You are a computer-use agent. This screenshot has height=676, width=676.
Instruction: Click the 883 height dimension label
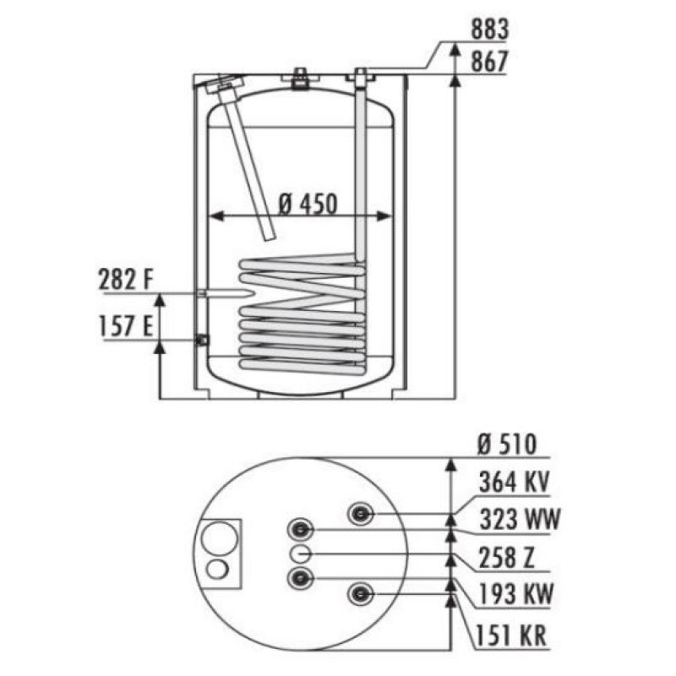click(x=490, y=30)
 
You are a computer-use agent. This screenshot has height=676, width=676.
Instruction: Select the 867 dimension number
click(x=490, y=62)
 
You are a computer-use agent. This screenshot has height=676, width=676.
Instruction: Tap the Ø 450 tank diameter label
click(x=307, y=204)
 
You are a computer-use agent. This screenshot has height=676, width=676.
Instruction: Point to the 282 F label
click(x=126, y=280)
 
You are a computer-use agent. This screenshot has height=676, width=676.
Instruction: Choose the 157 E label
click(x=126, y=326)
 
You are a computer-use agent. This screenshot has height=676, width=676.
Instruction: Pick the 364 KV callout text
click(x=514, y=482)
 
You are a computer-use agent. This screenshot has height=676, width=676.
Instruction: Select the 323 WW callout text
click(x=520, y=519)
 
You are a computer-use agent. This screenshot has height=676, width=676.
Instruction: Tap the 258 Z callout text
click(x=506, y=557)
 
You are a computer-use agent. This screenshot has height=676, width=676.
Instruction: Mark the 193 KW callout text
click(x=515, y=595)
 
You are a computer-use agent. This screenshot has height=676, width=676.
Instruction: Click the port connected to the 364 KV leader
click(x=361, y=514)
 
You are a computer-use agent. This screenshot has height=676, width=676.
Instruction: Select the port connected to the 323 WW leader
click(x=301, y=530)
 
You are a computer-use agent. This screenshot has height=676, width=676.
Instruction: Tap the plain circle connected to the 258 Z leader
click(x=301, y=554)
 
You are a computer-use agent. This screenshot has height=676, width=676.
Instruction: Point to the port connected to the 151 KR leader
click(x=361, y=595)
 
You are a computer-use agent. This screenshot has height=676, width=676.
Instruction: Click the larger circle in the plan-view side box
click(x=220, y=539)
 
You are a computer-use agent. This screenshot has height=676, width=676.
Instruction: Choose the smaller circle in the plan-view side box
click(x=217, y=570)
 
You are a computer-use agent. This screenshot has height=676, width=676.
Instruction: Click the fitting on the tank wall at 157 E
click(x=202, y=341)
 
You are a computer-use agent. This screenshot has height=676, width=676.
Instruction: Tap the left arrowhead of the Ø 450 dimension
click(x=216, y=216)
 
